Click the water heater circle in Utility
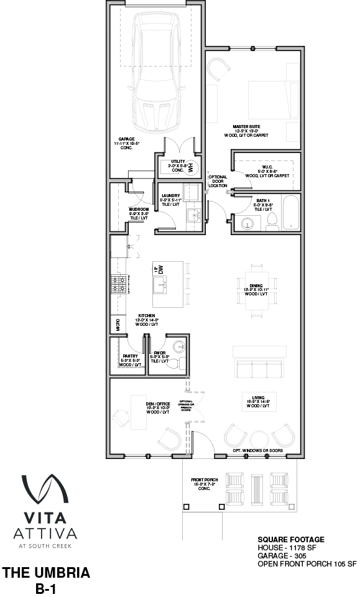192,165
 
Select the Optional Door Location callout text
218,181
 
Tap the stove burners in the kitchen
118,286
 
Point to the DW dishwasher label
160,269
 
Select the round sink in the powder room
178,347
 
